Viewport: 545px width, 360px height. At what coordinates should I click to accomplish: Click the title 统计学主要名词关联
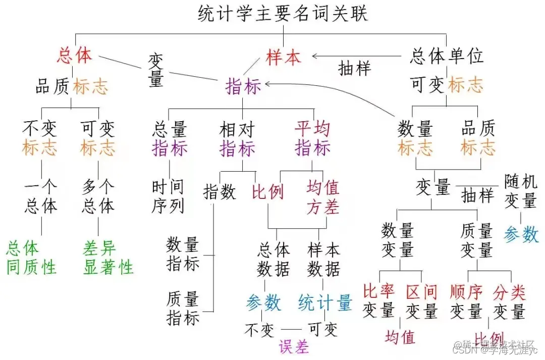[283, 13]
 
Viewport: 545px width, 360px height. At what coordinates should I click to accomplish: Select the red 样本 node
[284, 57]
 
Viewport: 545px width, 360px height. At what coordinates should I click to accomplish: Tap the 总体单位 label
[446, 56]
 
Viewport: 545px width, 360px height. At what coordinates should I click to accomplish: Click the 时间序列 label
[168, 196]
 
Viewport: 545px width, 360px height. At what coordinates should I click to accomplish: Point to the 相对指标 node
[237, 139]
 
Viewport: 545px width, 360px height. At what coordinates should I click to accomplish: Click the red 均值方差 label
[323, 197]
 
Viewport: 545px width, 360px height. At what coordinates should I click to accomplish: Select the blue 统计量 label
[325, 303]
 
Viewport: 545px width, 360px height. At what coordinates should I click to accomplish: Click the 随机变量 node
[521, 191]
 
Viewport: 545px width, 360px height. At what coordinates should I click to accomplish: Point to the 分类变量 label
[510, 301]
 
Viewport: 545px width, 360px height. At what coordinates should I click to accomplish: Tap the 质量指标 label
[183, 308]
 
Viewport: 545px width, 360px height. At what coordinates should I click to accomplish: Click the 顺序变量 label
[467, 301]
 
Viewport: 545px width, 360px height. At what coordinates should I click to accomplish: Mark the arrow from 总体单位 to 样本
[358, 56]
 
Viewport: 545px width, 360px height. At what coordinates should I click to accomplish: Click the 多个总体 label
[98, 196]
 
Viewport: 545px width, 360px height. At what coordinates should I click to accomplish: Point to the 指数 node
[220, 192]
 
